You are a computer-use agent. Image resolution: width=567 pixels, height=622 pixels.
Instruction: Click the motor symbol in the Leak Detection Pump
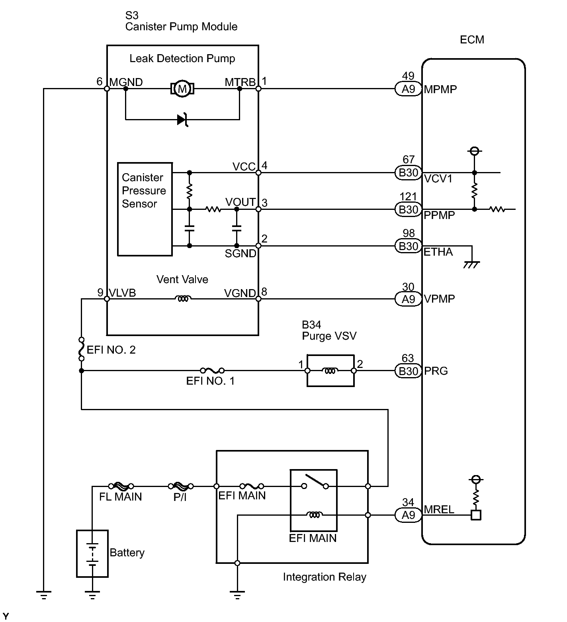tap(182, 88)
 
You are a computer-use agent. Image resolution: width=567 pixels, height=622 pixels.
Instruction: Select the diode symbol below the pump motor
tap(182, 119)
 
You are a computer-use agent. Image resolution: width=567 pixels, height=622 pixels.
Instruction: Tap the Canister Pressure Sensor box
tap(145, 209)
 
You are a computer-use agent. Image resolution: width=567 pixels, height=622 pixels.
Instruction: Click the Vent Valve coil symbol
tap(183, 299)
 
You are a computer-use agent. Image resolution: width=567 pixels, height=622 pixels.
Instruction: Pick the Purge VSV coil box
tap(330, 371)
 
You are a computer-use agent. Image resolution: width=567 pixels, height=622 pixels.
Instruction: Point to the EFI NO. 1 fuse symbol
tap(212, 370)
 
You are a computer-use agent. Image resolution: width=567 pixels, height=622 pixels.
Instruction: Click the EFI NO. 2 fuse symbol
tap(81, 349)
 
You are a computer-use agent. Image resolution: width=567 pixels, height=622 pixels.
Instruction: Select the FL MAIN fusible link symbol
tap(120, 486)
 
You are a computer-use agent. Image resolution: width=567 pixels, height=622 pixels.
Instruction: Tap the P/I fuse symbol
tap(180, 486)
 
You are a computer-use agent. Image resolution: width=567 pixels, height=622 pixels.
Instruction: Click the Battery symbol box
tap(92, 554)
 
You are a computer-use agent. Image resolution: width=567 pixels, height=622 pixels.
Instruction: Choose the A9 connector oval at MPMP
tap(408, 89)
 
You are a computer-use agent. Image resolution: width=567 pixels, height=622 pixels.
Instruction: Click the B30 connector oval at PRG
tap(408, 371)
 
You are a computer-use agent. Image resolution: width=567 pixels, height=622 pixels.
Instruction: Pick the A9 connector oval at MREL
tap(408, 515)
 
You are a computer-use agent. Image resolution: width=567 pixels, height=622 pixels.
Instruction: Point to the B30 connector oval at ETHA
tap(408, 246)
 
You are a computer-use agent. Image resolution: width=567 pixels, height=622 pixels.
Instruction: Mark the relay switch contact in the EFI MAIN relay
tap(315, 481)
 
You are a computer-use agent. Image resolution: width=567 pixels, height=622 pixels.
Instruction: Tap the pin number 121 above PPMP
tap(408, 197)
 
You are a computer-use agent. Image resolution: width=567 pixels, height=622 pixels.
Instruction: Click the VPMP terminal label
tap(440, 299)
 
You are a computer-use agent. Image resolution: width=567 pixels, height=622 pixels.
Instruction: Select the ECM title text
tap(472, 40)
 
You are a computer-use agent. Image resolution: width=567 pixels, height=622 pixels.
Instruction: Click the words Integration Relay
tap(325, 577)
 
